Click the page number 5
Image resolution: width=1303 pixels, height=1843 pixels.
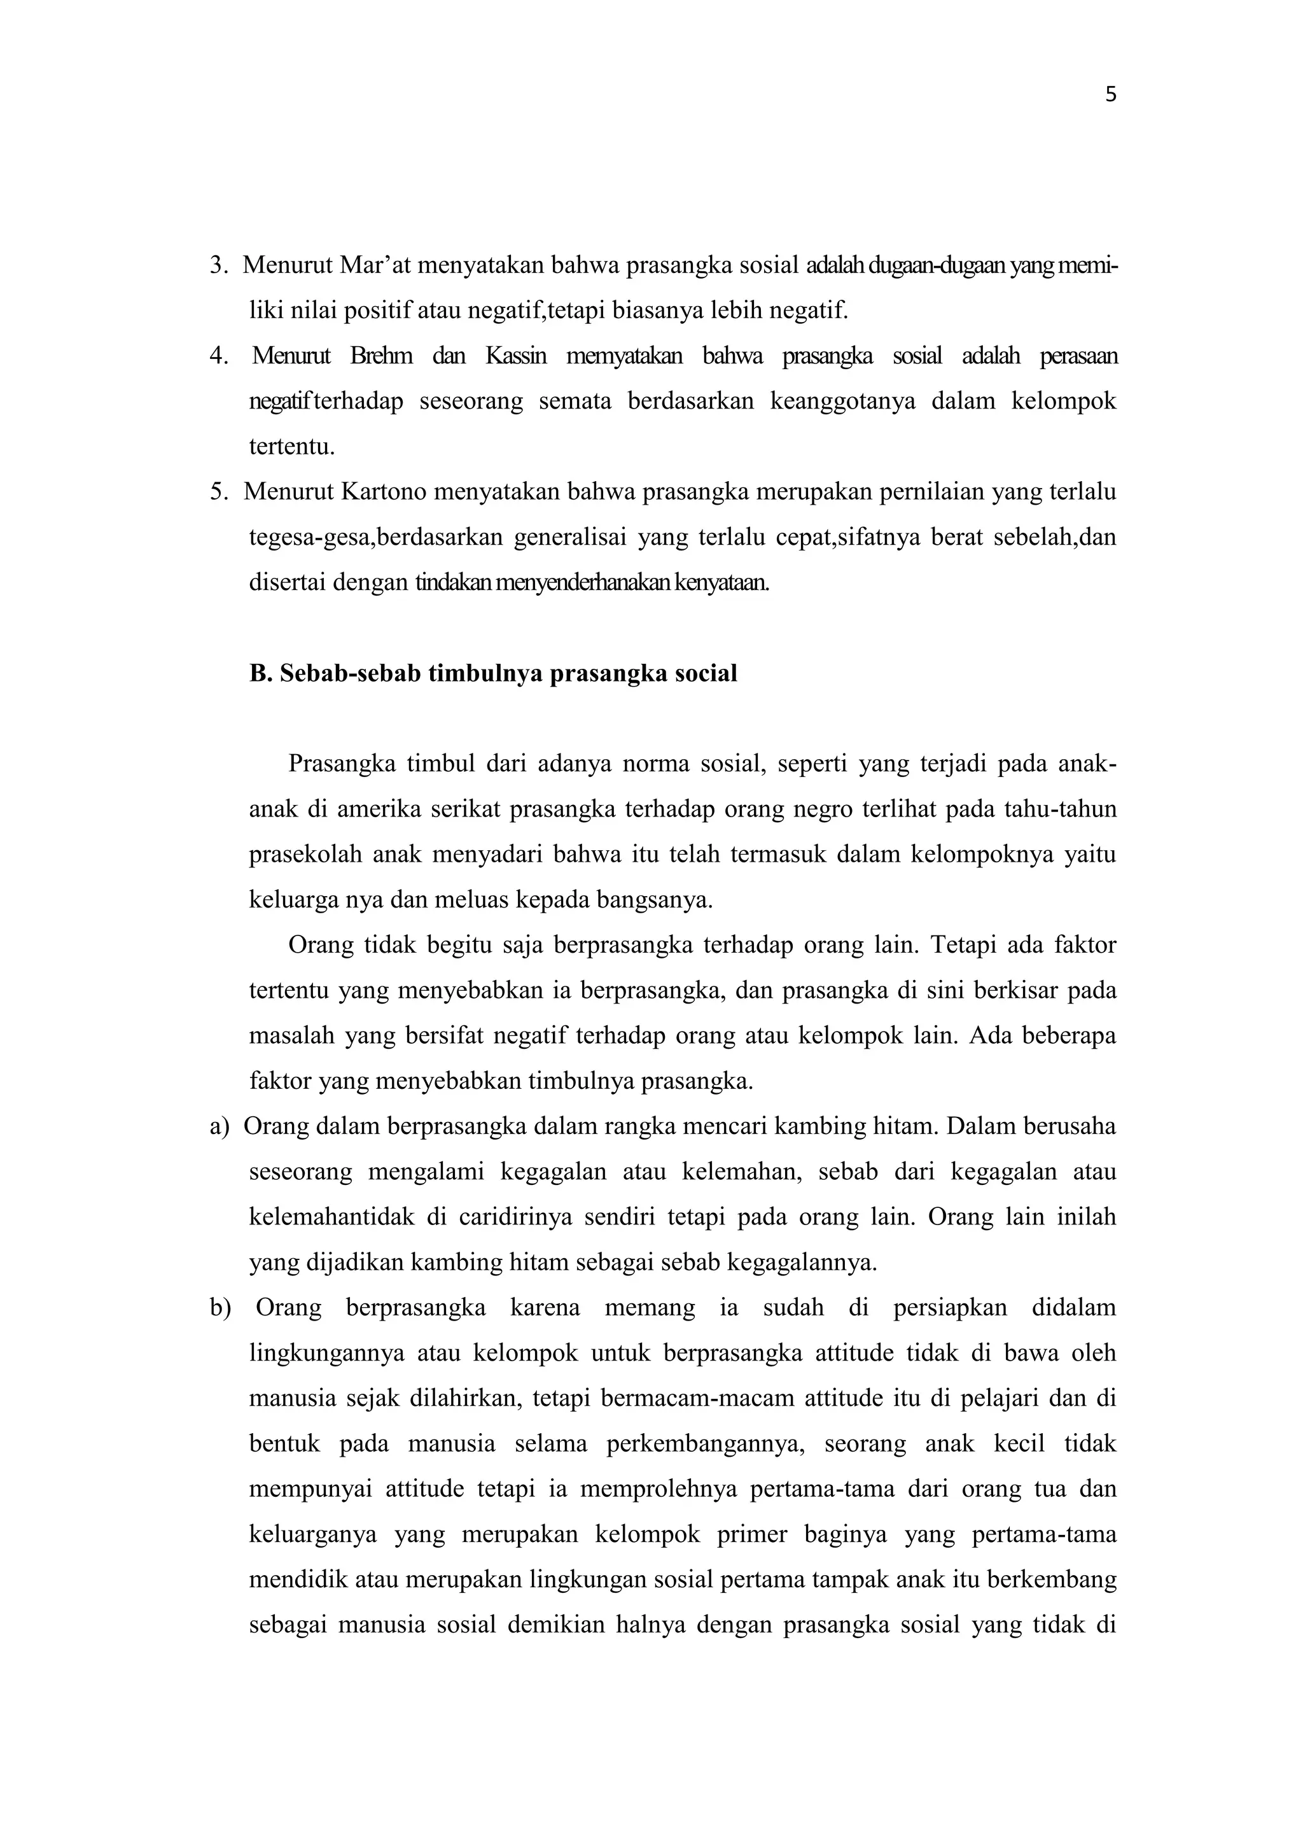coord(1110,95)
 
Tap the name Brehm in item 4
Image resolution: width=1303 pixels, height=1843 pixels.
coord(381,356)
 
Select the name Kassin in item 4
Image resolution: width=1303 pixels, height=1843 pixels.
coord(515,356)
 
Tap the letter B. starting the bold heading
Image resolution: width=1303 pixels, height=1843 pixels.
coord(261,673)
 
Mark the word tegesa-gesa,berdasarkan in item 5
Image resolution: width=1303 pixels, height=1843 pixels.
coord(375,537)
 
